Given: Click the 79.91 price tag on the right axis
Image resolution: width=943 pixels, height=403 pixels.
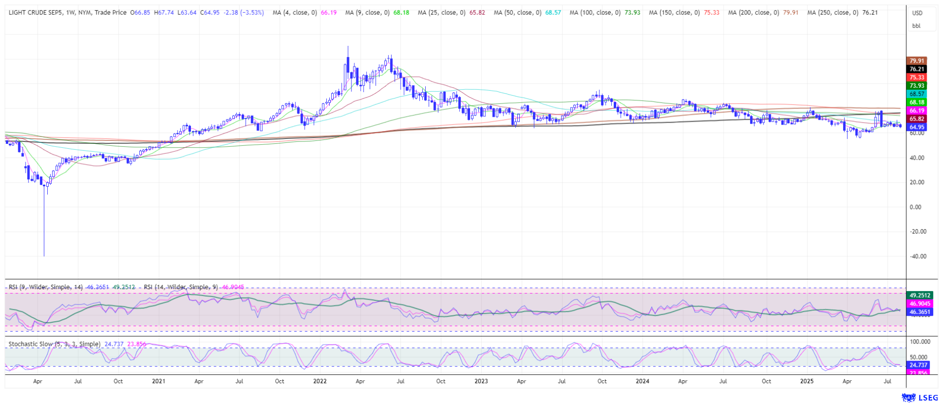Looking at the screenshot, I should (917, 61).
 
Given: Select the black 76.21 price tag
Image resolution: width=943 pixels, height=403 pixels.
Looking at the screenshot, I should (917, 69).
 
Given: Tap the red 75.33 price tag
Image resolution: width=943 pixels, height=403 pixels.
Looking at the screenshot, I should (917, 78).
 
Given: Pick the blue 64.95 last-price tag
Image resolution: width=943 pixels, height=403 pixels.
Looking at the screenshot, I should (917, 127).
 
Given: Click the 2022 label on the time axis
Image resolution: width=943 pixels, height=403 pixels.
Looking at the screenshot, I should (320, 381).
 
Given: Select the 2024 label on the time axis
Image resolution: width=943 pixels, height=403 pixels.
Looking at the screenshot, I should (642, 381).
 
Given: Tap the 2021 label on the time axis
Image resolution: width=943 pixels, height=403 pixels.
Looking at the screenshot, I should (158, 381).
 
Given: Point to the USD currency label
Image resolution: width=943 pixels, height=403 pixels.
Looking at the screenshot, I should (917, 13).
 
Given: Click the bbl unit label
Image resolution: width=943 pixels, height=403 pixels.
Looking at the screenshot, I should (916, 26).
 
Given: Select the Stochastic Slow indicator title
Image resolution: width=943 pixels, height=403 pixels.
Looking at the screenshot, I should (54, 344).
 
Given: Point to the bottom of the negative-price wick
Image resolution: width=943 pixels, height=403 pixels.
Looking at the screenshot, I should (44, 256).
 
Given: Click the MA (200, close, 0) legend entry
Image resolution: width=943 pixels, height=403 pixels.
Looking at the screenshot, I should (754, 12).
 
